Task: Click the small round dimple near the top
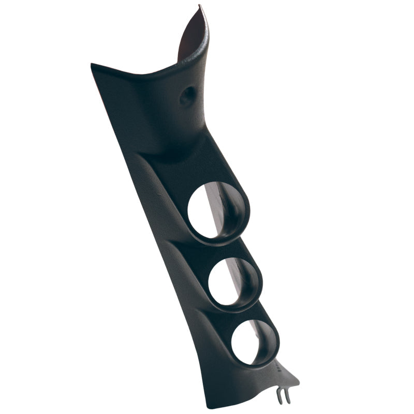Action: click(x=187, y=95)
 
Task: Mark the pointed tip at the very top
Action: click(x=199, y=6)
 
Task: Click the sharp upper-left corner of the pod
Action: click(x=92, y=65)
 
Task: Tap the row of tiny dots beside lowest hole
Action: click(x=278, y=368)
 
